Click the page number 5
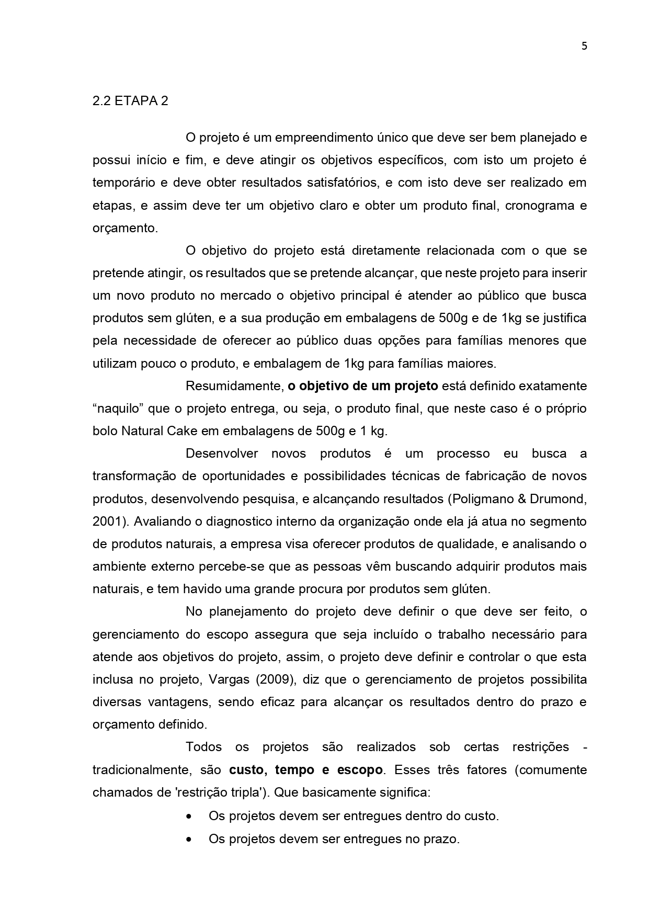pos(584,46)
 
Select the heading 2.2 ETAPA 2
pos(130,101)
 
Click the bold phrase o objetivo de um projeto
pos(363,386)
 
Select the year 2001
pos(107,522)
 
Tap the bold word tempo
pos(294,770)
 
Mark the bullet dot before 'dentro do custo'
pos(188,816)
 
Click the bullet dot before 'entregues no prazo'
pos(188,839)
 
